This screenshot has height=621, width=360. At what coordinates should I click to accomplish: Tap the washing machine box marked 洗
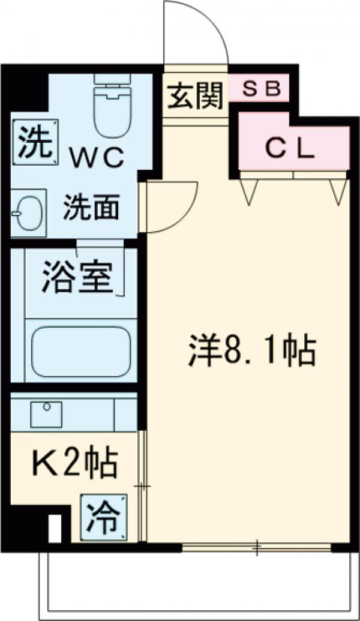tap(34, 143)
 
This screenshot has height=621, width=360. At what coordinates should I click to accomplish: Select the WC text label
tap(99, 158)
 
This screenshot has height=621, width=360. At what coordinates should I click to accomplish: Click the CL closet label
tap(290, 149)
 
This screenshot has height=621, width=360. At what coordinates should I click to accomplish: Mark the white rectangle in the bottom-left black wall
tap(55, 526)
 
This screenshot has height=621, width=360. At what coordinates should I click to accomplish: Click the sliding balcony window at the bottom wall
tap(257, 546)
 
